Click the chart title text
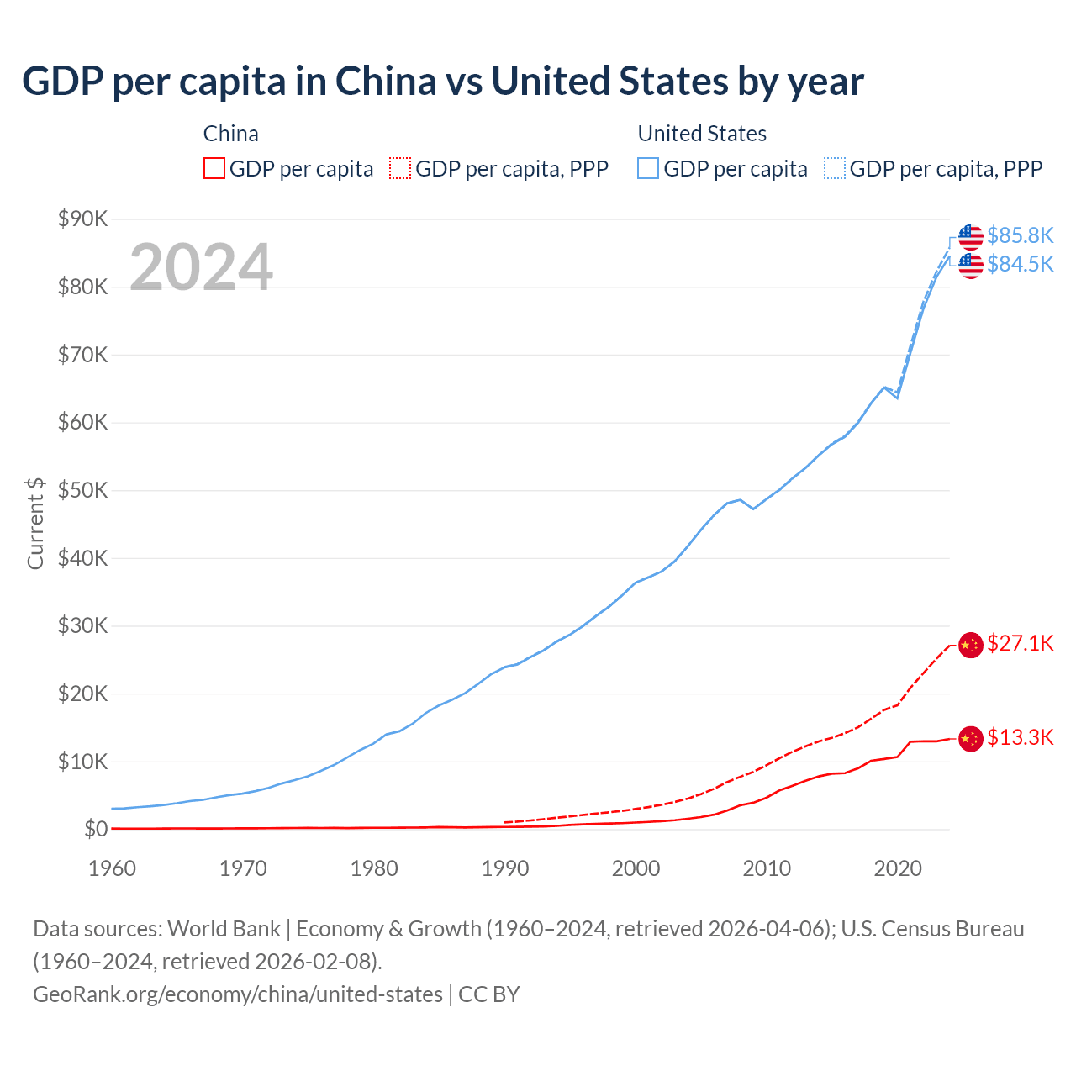tap(443, 82)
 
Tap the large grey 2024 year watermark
tap(201, 267)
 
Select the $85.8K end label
tap(1020, 235)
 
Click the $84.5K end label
tap(1020, 264)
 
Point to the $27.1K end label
tap(1020, 644)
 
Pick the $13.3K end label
tap(1020, 738)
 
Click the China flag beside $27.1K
tap(970, 645)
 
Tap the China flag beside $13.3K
tap(970, 739)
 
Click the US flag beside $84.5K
tap(970, 266)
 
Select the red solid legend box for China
tap(214, 169)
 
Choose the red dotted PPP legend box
tap(400, 169)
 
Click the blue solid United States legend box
tap(648, 169)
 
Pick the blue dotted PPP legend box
tap(835, 169)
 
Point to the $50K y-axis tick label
tap(82, 491)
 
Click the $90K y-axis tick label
tap(82, 219)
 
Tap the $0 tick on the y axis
tap(96, 830)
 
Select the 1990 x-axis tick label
tap(505, 868)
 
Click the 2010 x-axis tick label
tap(767, 868)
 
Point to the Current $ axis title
tap(35, 524)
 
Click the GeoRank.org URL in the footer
tap(238, 994)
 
